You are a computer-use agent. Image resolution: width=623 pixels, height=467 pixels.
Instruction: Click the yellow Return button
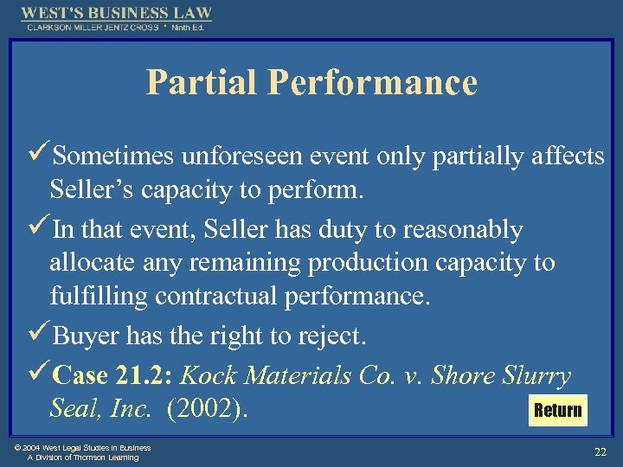558,410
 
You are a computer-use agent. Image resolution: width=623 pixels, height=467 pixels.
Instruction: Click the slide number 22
600,451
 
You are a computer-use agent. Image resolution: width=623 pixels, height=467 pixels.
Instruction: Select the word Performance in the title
372,82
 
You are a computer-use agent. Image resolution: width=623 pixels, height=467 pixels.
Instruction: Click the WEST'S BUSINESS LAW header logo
116,14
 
